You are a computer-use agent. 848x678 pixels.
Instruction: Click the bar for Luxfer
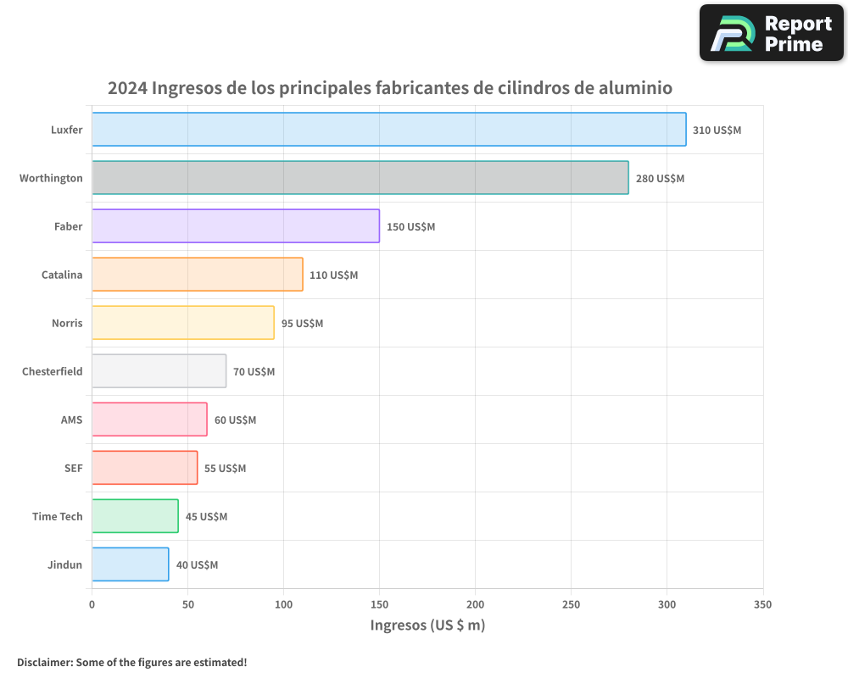pyautogui.click(x=388, y=130)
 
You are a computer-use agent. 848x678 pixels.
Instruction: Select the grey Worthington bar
pyautogui.click(x=360, y=178)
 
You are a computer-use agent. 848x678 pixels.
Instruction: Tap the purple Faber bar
pyautogui.click(x=235, y=226)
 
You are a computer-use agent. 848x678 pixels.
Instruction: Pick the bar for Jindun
pyautogui.click(x=130, y=564)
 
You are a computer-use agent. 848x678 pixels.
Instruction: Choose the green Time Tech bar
pyautogui.click(x=135, y=516)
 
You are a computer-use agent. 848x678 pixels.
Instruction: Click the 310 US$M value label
pyautogui.click(x=717, y=131)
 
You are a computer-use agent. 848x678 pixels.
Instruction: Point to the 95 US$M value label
pyautogui.click(x=302, y=324)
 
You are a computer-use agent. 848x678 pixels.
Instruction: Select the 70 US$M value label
pyautogui.click(x=254, y=372)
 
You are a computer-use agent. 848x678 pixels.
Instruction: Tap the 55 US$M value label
pyautogui.click(x=225, y=469)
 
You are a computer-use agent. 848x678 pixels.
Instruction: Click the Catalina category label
pyautogui.click(x=62, y=275)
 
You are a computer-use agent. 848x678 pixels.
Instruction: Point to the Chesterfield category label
pyautogui.click(x=53, y=371)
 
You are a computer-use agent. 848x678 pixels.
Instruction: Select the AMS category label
pyautogui.click(x=71, y=420)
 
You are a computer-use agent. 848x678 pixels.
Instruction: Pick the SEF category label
pyautogui.click(x=74, y=468)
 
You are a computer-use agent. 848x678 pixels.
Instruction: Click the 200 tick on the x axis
pyautogui.click(x=475, y=604)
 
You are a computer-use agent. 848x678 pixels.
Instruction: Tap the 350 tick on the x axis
pyautogui.click(x=762, y=604)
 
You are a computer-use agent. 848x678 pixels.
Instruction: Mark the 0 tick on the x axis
pyautogui.click(x=92, y=604)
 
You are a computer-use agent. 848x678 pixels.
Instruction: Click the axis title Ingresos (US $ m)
pyautogui.click(x=427, y=625)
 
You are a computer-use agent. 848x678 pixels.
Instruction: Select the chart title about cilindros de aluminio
pyautogui.click(x=389, y=88)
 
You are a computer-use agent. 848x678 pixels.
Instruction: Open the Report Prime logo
pyautogui.click(x=772, y=33)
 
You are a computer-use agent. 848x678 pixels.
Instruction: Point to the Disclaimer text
pyautogui.click(x=131, y=662)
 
